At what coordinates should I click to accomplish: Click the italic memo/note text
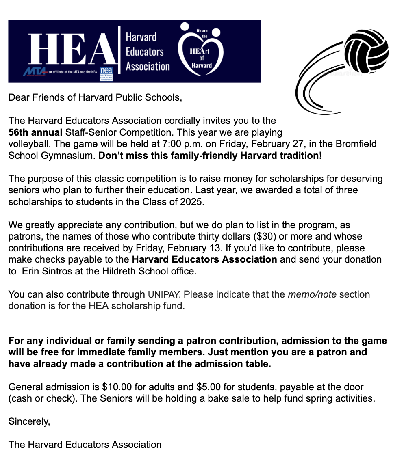(312, 294)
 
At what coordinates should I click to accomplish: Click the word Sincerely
(29, 421)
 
